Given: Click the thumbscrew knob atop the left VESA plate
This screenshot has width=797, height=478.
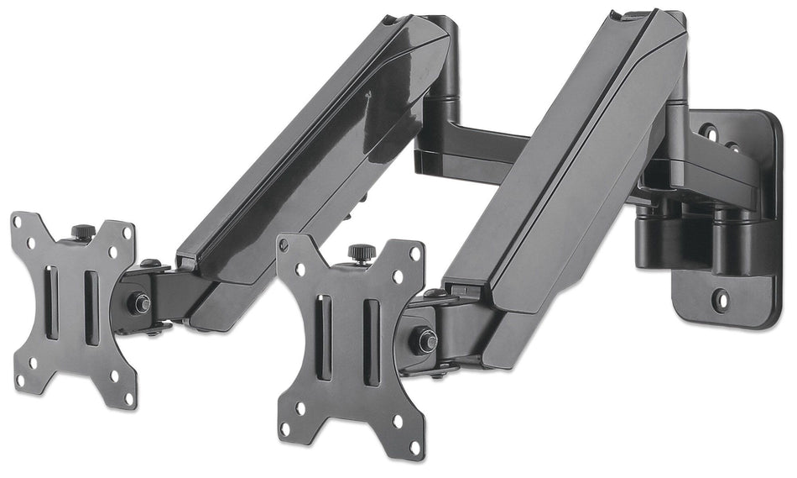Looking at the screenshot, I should coord(81,231).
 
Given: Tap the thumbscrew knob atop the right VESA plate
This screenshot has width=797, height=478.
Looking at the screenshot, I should coord(360,252).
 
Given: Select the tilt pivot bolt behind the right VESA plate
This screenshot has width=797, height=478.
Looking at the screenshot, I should coord(427,340).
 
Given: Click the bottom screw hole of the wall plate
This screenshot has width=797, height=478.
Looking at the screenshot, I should coord(720,297).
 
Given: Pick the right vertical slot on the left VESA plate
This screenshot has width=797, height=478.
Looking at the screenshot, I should coord(91,296).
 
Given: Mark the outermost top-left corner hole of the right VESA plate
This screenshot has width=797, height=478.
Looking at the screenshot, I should coord(284,244).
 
